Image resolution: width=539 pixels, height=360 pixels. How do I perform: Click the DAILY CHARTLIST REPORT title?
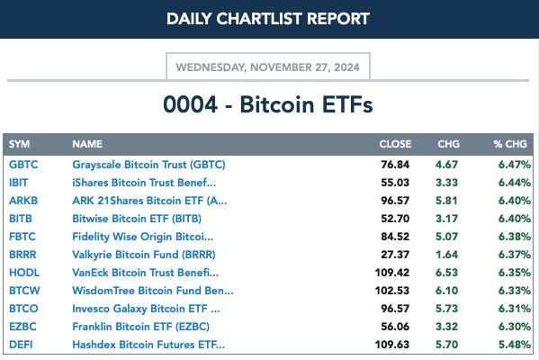[x=268, y=19]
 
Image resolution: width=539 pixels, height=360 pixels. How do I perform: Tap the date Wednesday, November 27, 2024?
[x=268, y=67]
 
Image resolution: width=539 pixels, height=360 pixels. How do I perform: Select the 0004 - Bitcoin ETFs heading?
[x=268, y=104]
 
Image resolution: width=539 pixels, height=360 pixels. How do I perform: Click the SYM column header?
[x=19, y=144]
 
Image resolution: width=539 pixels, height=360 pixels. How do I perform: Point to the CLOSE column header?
[x=395, y=144]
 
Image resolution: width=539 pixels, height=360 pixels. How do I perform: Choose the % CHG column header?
[x=510, y=144]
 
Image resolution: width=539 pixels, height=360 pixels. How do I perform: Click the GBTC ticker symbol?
[x=23, y=165]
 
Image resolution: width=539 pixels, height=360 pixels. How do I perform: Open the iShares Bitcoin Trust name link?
[x=144, y=183]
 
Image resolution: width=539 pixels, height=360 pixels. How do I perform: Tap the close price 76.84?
[x=395, y=165]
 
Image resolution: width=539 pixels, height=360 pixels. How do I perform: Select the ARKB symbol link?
[x=23, y=201]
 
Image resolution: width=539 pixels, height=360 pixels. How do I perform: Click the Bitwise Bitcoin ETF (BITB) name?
[x=137, y=219]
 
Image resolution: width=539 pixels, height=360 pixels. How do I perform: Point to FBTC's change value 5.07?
[x=446, y=237]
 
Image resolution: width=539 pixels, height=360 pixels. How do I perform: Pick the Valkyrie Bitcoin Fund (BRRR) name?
[x=144, y=255]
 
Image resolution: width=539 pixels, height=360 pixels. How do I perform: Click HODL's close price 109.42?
[x=392, y=273]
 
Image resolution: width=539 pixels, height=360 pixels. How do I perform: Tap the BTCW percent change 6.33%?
[x=515, y=291]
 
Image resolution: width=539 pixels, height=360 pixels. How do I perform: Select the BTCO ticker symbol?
[x=23, y=309]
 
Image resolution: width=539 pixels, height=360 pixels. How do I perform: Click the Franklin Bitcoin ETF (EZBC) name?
[x=140, y=327]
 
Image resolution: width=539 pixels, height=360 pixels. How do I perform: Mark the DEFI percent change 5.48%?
[x=515, y=345]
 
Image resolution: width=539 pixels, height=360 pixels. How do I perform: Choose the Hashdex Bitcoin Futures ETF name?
[x=148, y=345]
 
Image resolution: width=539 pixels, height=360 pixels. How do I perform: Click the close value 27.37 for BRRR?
[x=395, y=255]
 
